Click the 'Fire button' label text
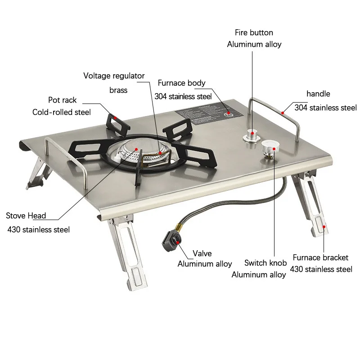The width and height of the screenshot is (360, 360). (254, 32)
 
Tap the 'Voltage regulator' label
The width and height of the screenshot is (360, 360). (114, 76)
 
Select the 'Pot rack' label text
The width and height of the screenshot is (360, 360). (63, 100)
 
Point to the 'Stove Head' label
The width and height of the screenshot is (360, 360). (26, 216)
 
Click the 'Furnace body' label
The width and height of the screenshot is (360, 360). (181, 83)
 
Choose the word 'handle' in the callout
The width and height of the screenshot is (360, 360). (318, 94)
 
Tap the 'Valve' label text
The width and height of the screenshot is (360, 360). (202, 253)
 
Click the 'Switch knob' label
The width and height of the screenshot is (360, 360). (265, 263)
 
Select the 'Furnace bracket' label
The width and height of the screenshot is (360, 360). (320, 257)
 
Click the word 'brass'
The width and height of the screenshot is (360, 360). (118, 90)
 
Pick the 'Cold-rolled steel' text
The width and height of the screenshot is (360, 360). (62, 112)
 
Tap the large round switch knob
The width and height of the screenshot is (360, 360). (270, 146)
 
